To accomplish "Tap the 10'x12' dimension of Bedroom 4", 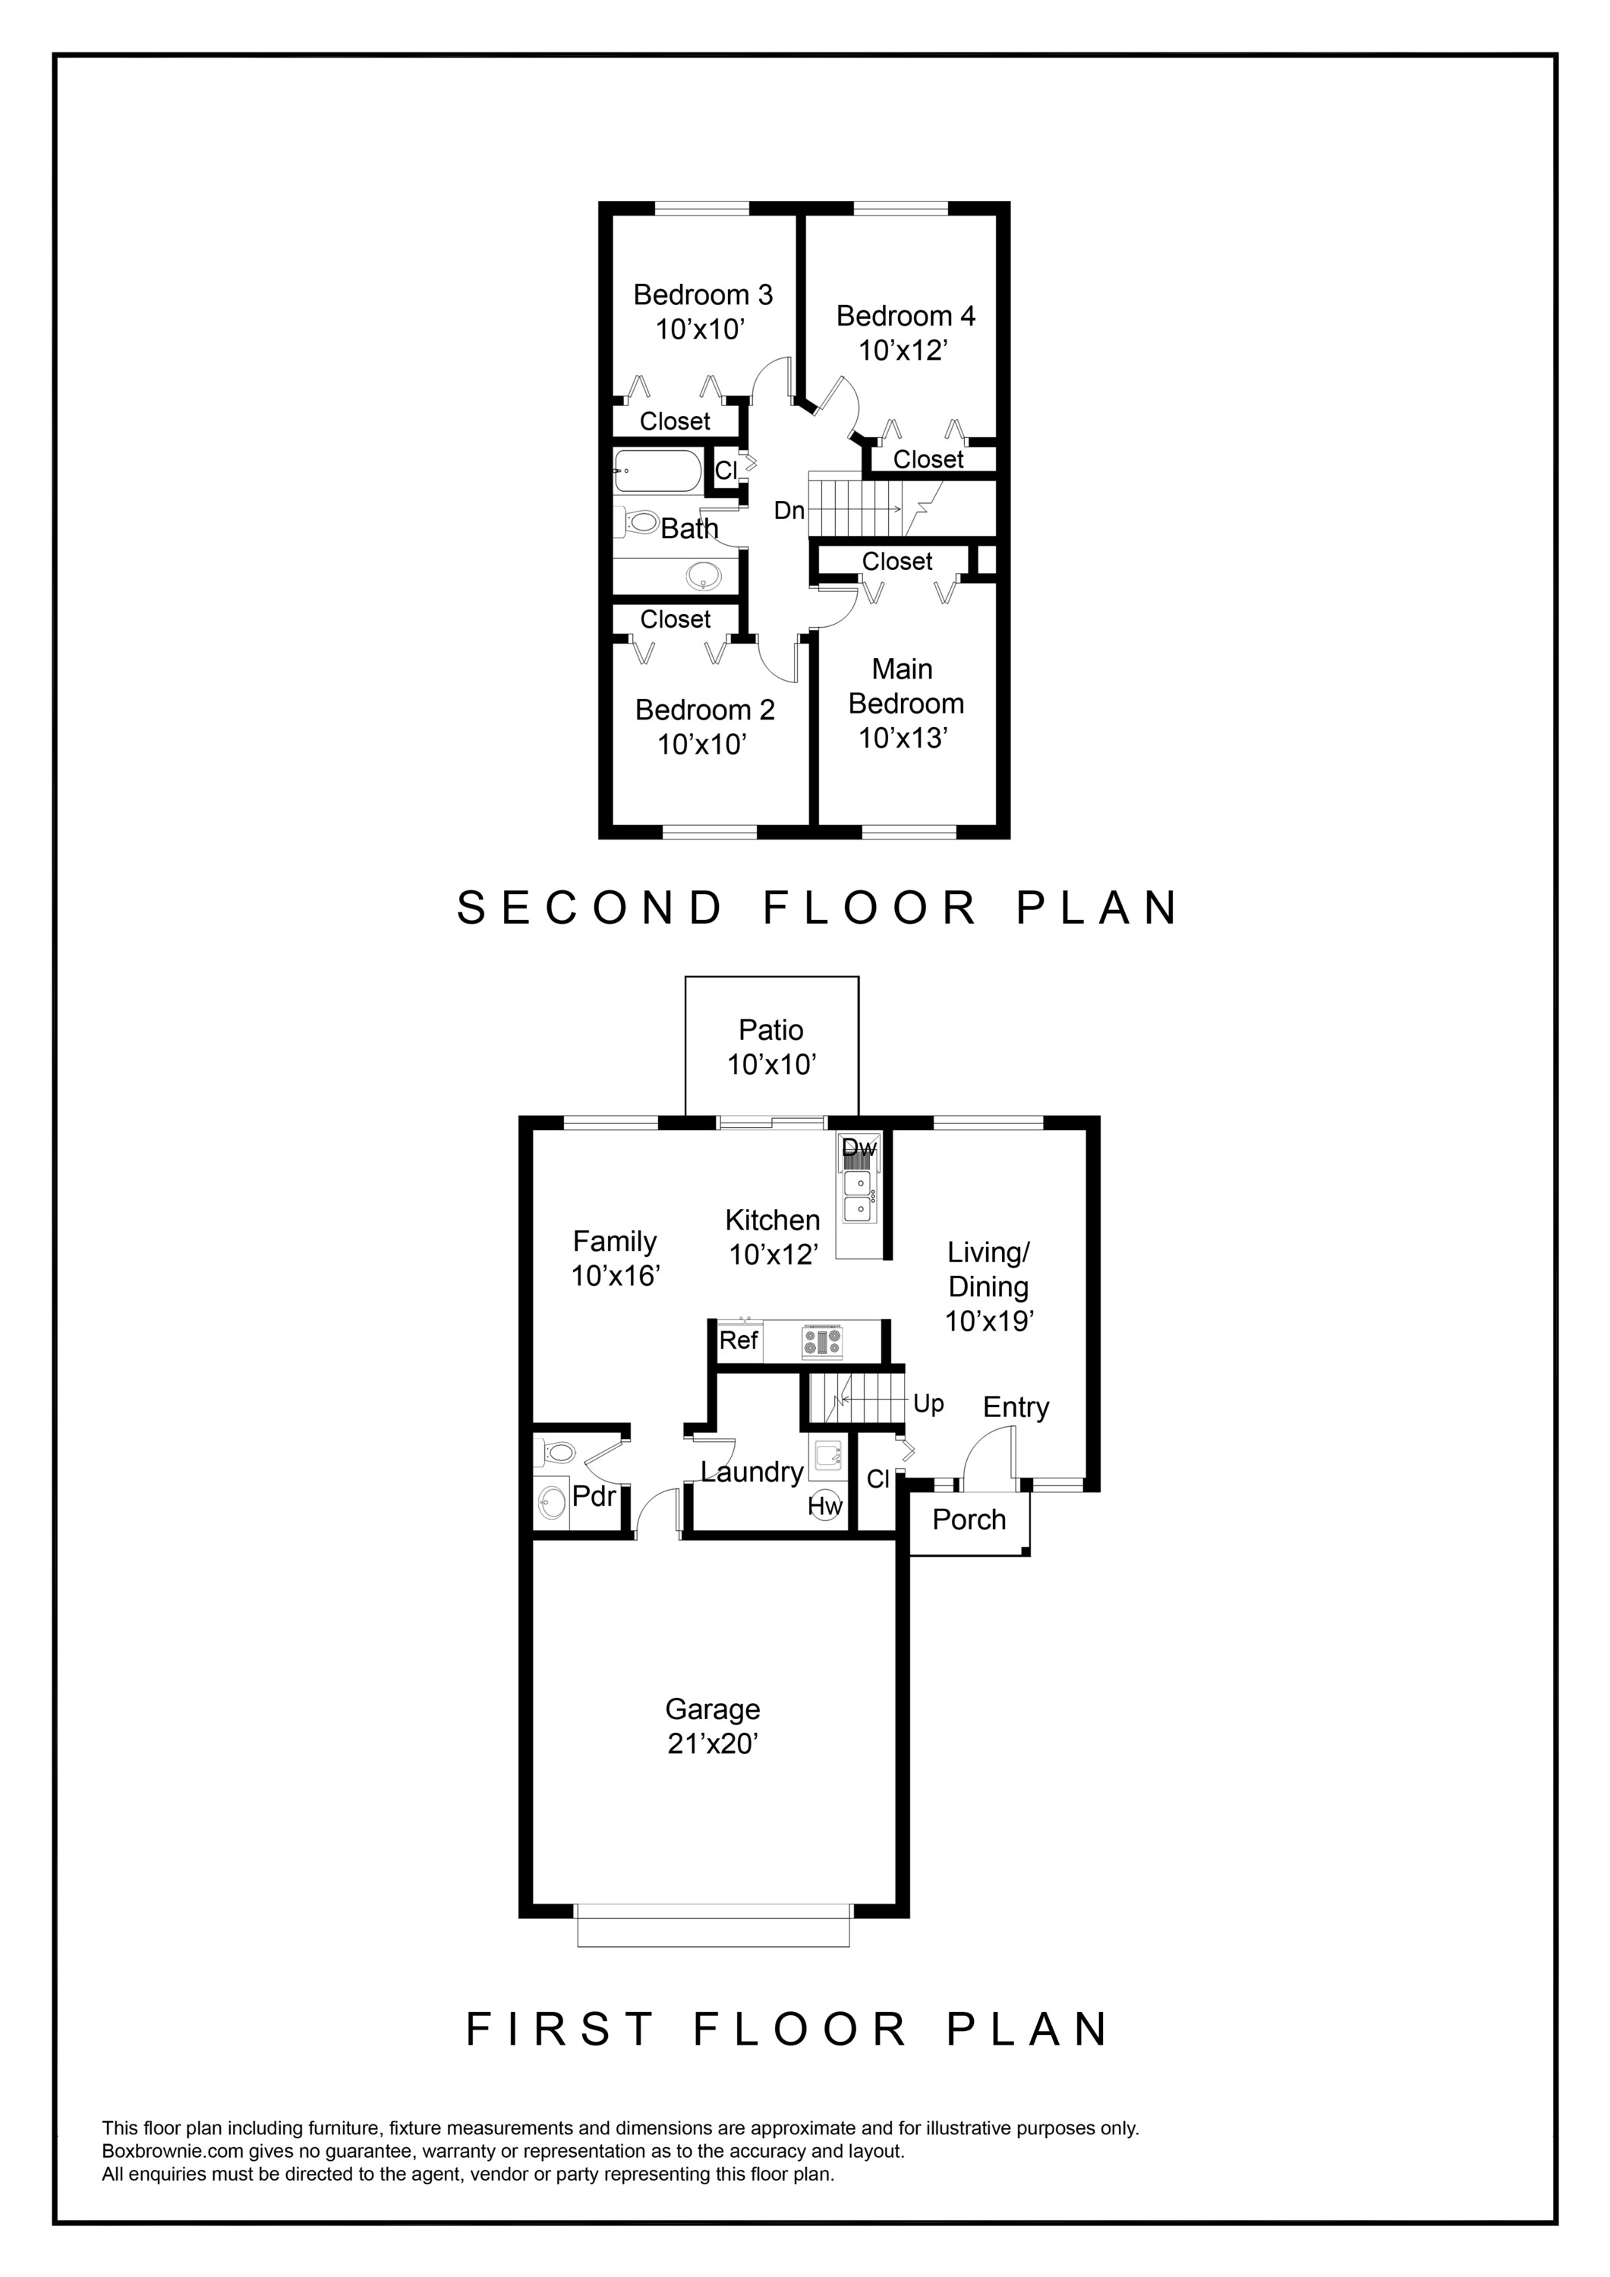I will [x=904, y=350].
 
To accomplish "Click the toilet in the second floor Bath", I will [x=640, y=521].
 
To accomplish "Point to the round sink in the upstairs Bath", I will [x=704, y=575].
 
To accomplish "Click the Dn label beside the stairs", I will [x=789, y=511].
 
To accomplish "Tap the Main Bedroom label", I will [x=905, y=686].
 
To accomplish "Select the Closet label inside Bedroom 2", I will [x=675, y=619].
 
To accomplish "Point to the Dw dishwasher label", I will [x=859, y=1148].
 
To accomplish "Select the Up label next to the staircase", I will [x=928, y=1403].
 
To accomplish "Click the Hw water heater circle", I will [x=824, y=1505].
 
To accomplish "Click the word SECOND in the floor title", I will [x=591, y=908].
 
